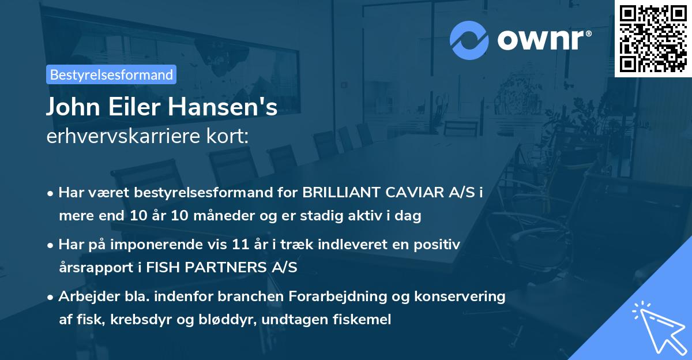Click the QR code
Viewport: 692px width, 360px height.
point(653,39)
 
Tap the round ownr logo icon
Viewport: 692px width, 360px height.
point(469,40)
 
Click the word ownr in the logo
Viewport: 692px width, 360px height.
point(544,39)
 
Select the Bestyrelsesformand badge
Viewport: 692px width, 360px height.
point(111,74)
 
